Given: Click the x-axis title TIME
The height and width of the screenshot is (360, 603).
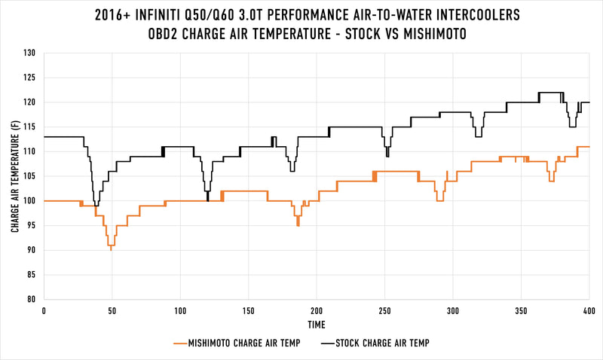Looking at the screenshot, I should coord(317,325).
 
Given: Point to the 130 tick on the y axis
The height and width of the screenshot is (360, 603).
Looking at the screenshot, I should coord(30,53).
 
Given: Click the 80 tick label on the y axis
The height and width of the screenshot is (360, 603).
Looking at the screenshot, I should coord(32,299).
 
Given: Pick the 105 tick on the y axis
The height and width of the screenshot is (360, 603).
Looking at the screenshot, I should coord(30,176).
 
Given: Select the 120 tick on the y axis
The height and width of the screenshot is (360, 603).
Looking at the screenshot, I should coord(30,102).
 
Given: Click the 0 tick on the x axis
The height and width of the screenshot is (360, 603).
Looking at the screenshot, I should coord(44,310).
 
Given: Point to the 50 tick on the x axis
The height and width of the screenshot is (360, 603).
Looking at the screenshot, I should coord(112,310).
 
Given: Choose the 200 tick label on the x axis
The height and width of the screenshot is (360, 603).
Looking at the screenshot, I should coord(317,310).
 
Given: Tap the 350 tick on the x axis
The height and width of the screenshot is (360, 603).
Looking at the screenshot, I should coord(521,310).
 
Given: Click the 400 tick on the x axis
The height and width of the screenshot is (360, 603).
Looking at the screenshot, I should coord(589,310).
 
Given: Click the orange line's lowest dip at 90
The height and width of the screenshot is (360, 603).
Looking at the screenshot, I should coord(111,249).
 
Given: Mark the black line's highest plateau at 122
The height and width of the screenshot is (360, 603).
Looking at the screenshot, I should coord(550,93).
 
